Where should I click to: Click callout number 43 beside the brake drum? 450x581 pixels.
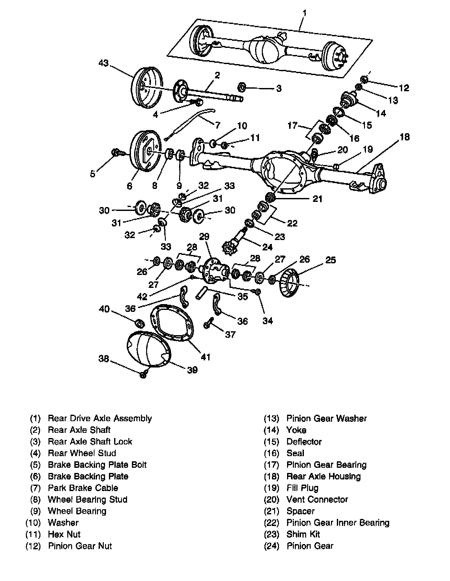pos(103,63)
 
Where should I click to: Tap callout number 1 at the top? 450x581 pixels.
pos(305,14)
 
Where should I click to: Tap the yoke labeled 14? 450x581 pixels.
pos(349,99)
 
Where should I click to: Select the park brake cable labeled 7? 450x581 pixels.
pos(194,120)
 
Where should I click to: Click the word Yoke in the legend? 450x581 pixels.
pos(296,430)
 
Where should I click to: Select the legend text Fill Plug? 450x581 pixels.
pos(302,488)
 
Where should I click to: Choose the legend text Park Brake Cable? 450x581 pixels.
pos(83,488)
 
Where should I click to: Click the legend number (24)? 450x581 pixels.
pos(271,546)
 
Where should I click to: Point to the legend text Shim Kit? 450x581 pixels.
pos(303,534)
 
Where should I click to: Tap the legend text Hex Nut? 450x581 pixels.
pos(64,534)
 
